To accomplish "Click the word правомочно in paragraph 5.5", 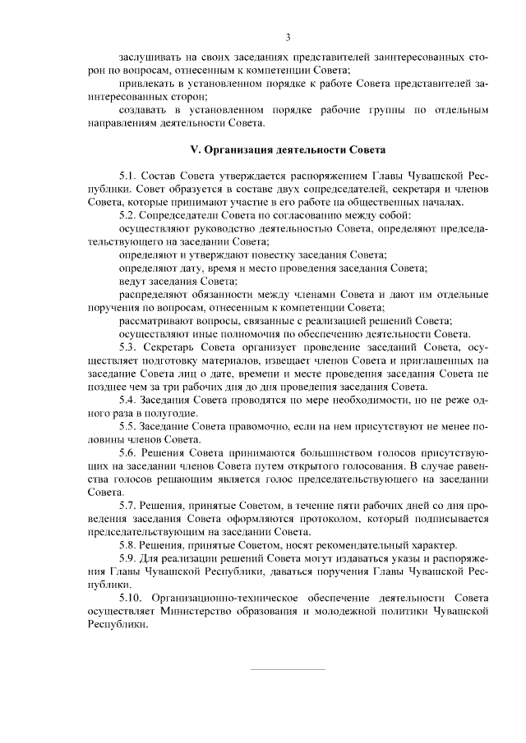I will tap(261, 427).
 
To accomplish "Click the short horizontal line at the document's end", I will tap(287, 669).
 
